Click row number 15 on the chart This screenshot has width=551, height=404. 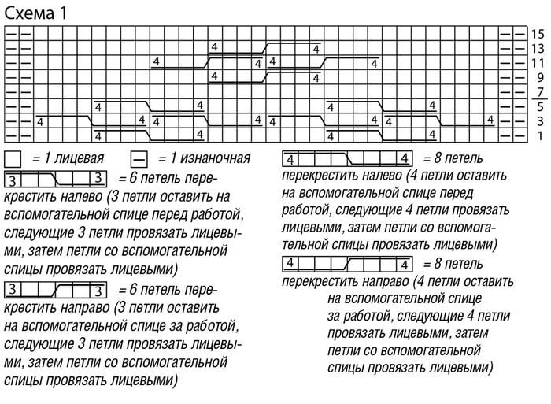[x=538, y=34]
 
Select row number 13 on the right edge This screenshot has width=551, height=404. [x=538, y=48]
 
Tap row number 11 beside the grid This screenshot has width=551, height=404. [x=538, y=63]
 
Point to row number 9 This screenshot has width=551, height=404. [x=540, y=78]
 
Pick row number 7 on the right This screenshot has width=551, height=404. [x=540, y=92]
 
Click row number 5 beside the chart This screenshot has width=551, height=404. [x=540, y=107]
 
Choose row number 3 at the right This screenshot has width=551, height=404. [x=540, y=121]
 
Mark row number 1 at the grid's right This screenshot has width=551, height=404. [x=540, y=136]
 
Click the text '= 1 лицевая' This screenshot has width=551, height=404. [x=67, y=158]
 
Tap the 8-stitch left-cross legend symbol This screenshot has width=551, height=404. [x=347, y=158]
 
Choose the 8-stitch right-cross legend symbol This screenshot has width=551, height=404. [x=347, y=263]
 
